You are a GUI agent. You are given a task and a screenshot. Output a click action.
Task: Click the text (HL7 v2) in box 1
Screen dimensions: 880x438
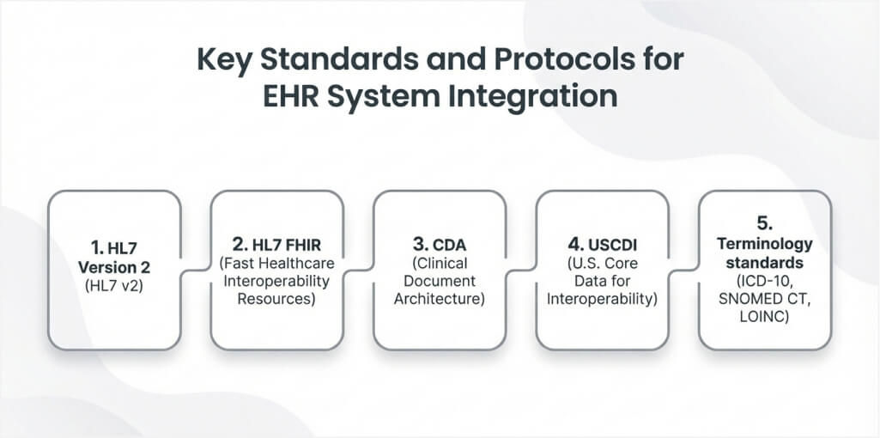click(x=114, y=285)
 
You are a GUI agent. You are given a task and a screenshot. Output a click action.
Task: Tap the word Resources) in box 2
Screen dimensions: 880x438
click(x=276, y=298)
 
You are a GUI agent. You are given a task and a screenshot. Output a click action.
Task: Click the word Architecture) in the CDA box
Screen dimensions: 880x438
click(x=440, y=299)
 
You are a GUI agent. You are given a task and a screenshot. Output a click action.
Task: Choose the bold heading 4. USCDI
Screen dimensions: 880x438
click(x=602, y=245)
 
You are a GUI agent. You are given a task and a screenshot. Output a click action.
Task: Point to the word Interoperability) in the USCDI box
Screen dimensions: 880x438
click(x=602, y=299)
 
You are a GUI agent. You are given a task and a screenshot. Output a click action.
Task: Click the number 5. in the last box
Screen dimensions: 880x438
click(x=765, y=222)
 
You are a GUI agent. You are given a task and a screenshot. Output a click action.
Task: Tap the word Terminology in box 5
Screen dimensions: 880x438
click(x=765, y=244)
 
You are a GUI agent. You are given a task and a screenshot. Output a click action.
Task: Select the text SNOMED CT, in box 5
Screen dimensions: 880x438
click(x=765, y=299)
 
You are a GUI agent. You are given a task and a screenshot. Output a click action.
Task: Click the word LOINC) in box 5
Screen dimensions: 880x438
click(x=765, y=317)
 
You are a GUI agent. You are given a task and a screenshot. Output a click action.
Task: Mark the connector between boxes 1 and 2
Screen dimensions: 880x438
click(x=196, y=271)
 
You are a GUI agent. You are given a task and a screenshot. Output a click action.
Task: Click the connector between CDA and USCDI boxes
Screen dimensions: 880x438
click(x=521, y=271)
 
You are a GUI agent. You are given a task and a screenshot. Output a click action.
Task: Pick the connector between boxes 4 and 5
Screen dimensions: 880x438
click(x=684, y=271)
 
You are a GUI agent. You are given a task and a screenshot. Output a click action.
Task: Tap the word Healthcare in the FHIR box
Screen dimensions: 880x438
click(x=300, y=262)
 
